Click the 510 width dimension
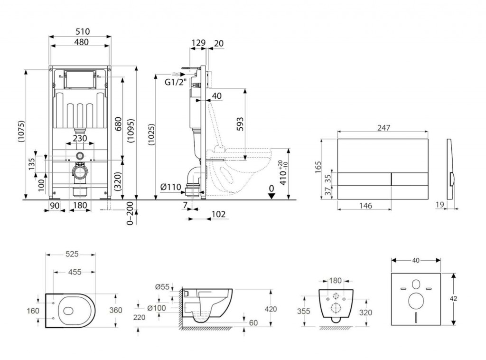click(80, 32)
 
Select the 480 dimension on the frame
click(80, 42)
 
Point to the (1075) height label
click(20, 134)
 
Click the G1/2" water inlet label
click(175, 82)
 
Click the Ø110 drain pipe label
click(171, 187)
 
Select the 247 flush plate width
click(383, 127)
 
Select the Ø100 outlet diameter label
click(157, 308)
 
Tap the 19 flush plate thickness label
click(439, 205)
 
